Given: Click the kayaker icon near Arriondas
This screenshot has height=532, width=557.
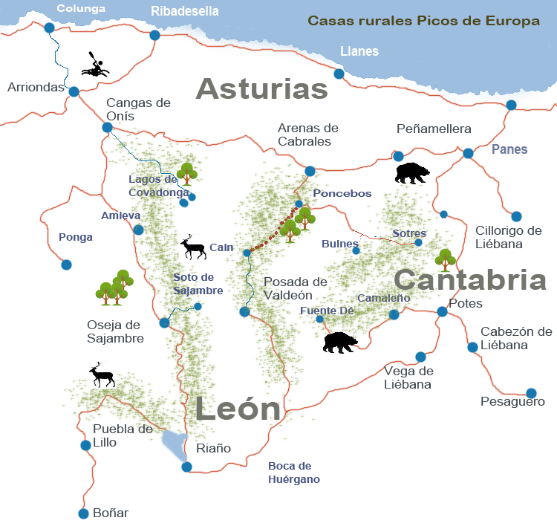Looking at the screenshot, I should (94, 65).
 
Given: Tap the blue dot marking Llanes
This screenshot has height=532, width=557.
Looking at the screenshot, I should (339, 74).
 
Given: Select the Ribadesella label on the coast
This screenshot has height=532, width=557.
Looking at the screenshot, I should (185, 11).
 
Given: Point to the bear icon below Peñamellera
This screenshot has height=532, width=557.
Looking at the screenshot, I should (411, 174).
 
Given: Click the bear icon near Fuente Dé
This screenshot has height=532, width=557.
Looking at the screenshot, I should (340, 343).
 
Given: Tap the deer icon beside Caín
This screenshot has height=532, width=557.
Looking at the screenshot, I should (194, 247).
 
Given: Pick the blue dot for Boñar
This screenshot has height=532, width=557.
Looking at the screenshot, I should (83, 513).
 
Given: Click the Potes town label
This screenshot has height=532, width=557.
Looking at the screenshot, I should (466, 304).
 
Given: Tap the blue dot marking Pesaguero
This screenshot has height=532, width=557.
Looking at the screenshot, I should (531, 393).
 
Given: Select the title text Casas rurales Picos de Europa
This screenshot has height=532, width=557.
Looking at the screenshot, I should (423, 21).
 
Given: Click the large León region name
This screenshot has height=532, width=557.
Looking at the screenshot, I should (238, 409).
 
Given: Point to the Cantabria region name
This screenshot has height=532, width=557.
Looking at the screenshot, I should (469, 280).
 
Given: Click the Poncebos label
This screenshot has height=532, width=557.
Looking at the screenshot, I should (342, 193).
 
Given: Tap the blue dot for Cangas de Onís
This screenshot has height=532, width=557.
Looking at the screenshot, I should (107, 127).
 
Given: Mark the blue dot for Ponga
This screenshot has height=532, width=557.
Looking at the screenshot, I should (66, 264).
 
